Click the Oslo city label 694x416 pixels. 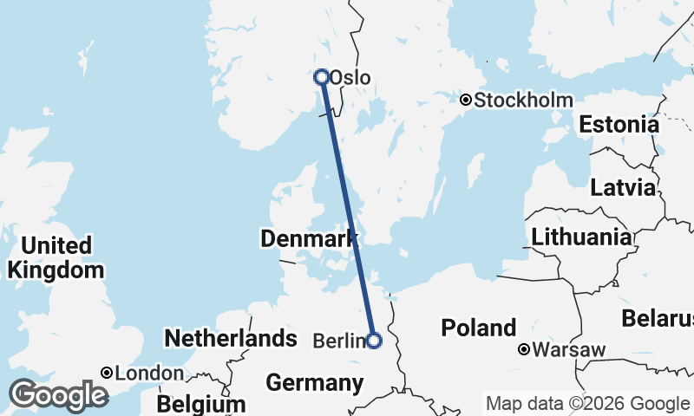point(350,78)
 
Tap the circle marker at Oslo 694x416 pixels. point(322,76)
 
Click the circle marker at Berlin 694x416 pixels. point(374,341)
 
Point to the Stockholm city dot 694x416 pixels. point(466,100)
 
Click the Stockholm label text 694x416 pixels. point(523,100)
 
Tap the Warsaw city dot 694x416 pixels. point(524,350)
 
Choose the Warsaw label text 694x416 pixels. point(569,350)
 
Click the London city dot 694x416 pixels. point(106,373)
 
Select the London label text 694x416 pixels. point(148,374)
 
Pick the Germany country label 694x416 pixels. point(315,382)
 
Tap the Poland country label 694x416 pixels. point(478,328)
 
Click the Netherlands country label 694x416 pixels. point(231,338)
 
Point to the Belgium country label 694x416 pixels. point(201,404)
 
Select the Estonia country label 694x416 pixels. point(619,124)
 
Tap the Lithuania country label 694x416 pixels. point(581,237)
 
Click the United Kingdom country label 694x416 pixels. point(56,257)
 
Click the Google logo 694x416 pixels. point(59,395)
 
